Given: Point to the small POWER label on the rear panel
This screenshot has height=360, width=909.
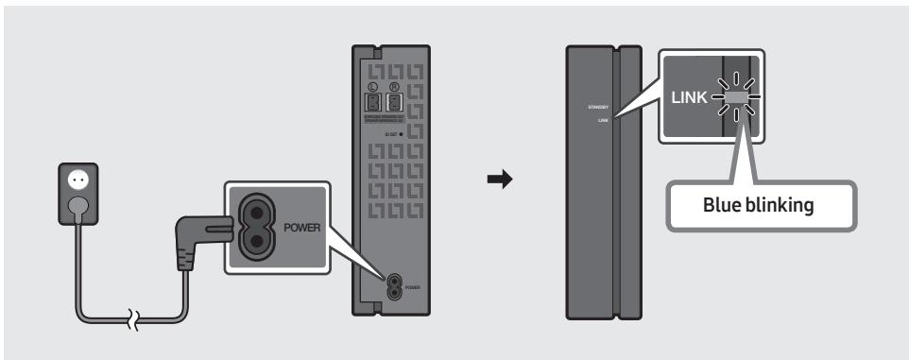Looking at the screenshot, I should [x=411, y=285].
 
